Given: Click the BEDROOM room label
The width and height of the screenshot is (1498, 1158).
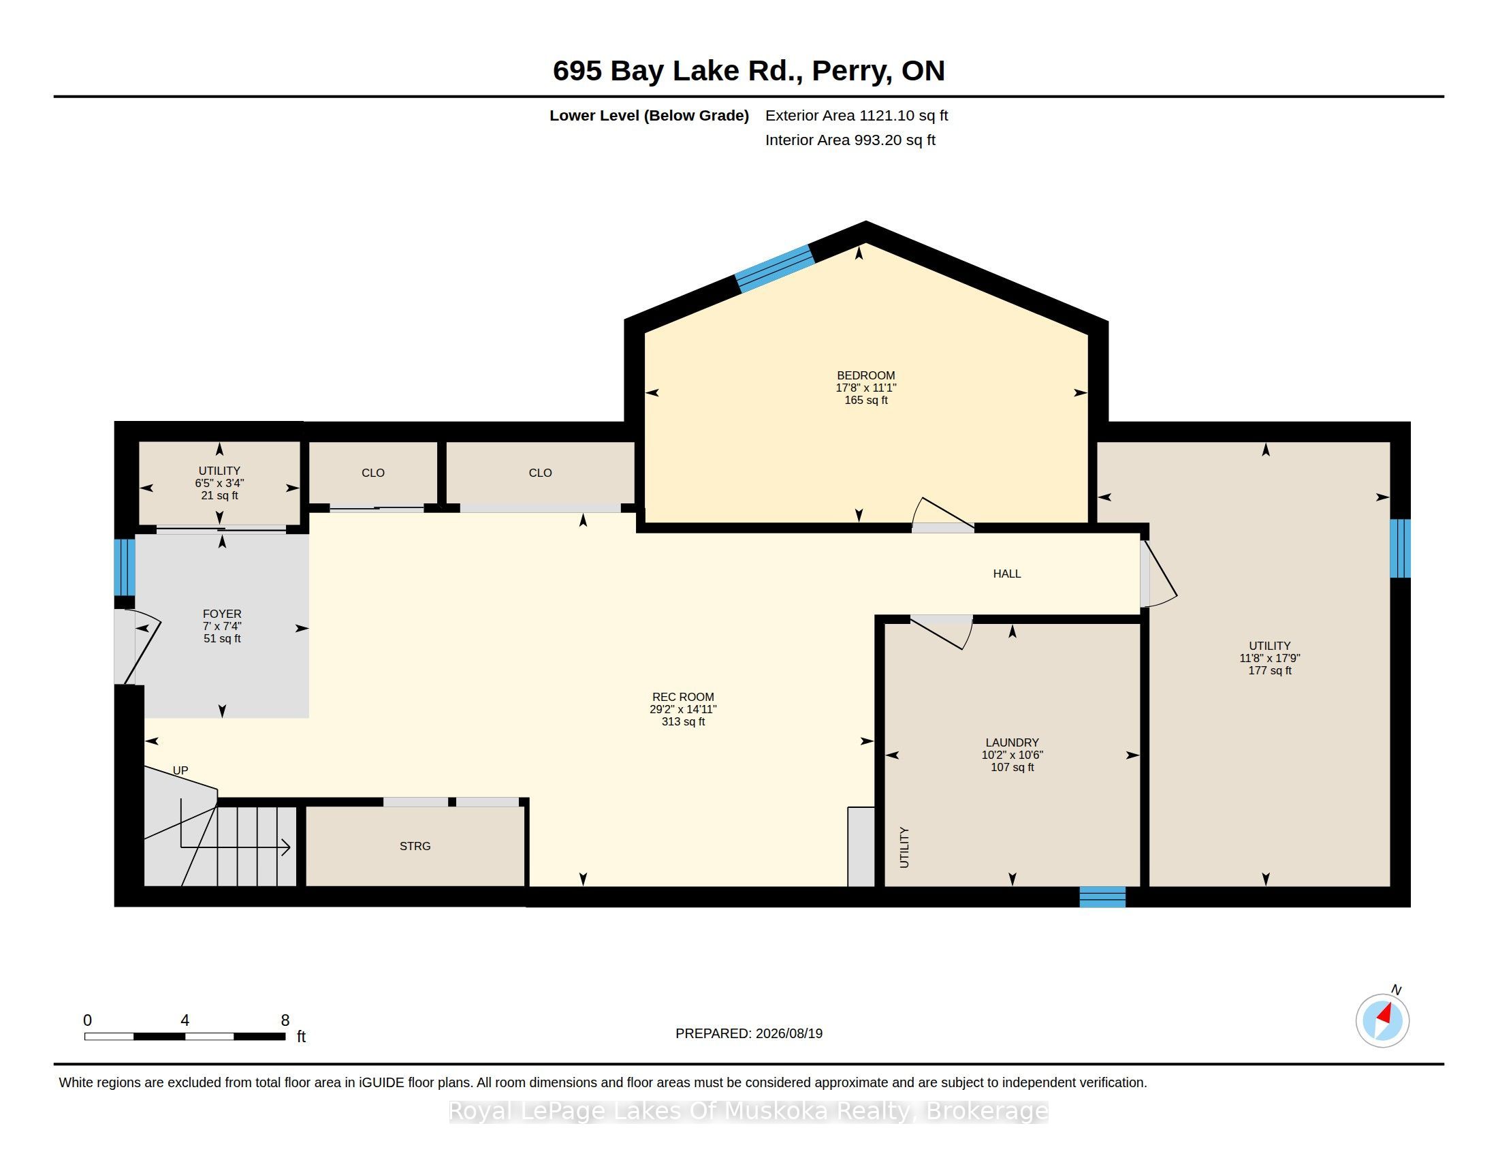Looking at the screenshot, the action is tap(865, 375).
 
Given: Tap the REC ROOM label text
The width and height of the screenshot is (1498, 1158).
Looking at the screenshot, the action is tap(683, 697).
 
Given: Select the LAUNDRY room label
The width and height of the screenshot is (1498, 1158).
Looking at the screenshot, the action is tap(1013, 742).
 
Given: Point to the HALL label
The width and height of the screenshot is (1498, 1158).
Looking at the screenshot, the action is tap(1007, 574).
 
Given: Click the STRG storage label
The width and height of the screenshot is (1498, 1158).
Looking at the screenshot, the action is tap(415, 847).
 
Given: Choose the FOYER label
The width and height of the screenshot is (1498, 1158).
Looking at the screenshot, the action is tap(222, 614).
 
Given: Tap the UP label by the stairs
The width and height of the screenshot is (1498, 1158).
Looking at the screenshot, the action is tap(180, 770).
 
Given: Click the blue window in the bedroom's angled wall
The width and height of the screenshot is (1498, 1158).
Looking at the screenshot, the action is tap(774, 268).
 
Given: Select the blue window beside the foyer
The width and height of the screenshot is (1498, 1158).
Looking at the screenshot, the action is tap(124, 567).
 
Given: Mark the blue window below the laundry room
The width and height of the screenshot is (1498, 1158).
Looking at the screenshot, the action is tap(1102, 896).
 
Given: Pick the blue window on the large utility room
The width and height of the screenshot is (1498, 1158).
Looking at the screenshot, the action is tap(1400, 548).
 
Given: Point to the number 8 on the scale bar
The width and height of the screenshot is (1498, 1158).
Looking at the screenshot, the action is tap(285, 1020).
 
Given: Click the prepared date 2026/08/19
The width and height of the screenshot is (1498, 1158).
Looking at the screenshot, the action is tap(788, 1033).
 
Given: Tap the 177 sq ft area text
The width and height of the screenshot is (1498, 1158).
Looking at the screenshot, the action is tap(1270, 670).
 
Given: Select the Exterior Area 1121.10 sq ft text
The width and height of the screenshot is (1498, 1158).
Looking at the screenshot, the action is tap(857, 115).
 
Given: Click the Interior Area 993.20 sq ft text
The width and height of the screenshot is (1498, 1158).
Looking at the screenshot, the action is tap(850, 140).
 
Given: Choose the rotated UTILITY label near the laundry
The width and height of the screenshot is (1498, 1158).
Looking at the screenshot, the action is tap(904, 847).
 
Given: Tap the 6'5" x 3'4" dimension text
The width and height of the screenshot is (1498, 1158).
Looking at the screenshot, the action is tap(219, 483).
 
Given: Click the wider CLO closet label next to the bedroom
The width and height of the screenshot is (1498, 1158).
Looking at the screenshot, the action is tap(541, 473).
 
